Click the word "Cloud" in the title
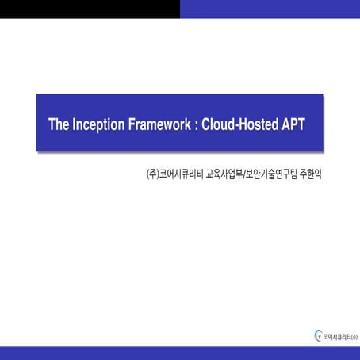218,124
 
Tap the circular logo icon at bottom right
319,336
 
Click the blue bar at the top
270,9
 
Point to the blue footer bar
180,354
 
